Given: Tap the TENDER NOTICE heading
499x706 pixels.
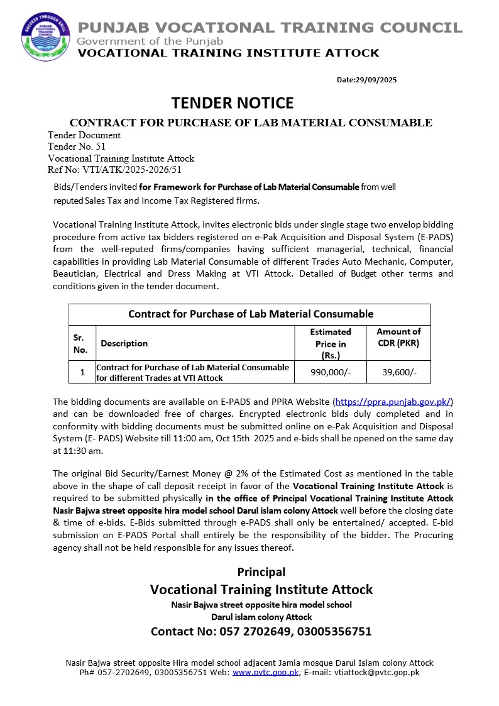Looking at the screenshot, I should coord(233,102).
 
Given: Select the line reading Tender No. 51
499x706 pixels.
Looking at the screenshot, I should coord(72,146).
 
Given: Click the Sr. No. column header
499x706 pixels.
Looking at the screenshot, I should coord(82,343).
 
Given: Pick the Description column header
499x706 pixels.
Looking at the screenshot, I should coord(124,343).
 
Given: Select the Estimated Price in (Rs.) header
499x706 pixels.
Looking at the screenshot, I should coord(331,343).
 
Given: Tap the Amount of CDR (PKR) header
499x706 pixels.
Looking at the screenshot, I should coord(398,337).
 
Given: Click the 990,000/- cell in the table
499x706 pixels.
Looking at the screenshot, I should coord(331,372).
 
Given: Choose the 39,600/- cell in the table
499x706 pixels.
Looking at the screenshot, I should coord(399,372).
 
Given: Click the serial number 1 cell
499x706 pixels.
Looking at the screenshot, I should coord(82,372).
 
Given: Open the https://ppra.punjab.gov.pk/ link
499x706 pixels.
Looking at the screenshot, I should coord(393,402).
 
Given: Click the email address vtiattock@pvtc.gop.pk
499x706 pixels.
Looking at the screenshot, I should coord(376,672).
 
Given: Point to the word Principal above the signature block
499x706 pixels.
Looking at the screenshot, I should coord(261,572).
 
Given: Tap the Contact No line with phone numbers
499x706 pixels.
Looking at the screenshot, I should coord(261,631).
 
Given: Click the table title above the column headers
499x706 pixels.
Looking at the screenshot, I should coord(250,314).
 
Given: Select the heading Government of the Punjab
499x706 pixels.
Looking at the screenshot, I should coord(150,41).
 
